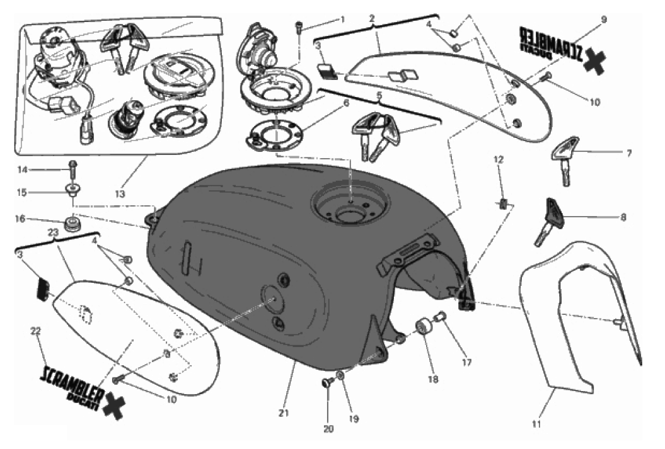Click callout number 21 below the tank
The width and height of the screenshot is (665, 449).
pos(283,414)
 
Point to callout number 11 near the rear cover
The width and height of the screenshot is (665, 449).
pos(536,424)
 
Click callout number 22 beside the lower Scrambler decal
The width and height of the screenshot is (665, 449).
pos(35,330)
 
